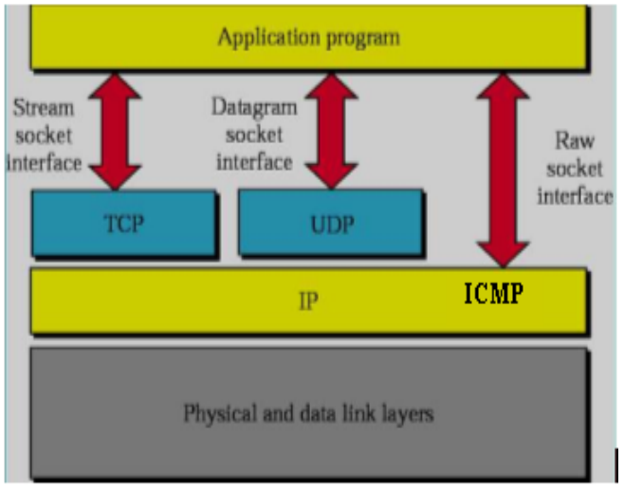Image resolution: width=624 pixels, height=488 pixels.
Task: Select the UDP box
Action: point(329,224)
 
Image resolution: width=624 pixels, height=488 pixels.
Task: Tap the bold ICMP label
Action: point(493,295)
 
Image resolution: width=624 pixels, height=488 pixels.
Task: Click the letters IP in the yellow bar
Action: point(308,302)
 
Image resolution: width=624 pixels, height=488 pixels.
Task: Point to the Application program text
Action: point(308,39)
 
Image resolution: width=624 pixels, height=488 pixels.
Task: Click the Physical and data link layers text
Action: point(308,414)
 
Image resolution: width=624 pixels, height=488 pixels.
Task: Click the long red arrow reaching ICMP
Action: point(504,171)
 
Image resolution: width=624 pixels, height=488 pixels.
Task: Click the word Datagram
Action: point(253,106)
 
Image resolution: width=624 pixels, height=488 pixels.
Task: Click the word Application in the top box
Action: point(265,39)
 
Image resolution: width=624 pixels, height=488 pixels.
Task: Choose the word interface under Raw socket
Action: point(575,196)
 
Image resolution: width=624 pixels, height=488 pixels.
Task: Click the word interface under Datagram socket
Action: point(253,161)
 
